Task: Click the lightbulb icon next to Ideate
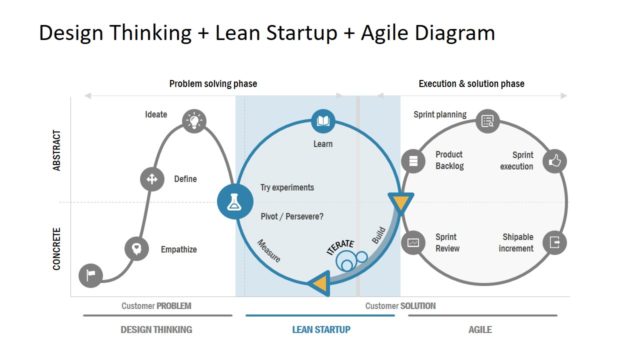coord(193,122)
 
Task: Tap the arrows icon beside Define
coord(151,180)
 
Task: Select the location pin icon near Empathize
coord(136,248)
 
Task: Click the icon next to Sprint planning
coord(486,121)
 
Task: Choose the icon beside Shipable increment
coord(555,243)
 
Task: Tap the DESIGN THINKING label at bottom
coord(156,329)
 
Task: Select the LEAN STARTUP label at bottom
coord(321,329)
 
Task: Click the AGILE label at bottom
coord(481,329)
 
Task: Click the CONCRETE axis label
coord(57,249)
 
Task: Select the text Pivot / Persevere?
coord(292,215)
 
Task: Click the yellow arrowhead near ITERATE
coord(319,283)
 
